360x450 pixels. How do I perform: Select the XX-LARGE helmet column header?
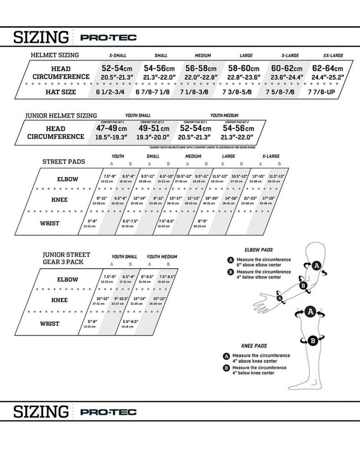coord(333,55)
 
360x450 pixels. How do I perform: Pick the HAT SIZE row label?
coord(61,92)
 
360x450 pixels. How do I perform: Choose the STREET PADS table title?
coord(63,161)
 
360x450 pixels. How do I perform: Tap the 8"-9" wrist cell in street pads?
coord(202,223)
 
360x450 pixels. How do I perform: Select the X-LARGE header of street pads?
coord(271,156)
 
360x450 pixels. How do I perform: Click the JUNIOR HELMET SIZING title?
coord(61,115)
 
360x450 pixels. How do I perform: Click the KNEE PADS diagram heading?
coord(254,346)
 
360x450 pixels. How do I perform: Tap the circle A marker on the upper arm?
coord(316,265)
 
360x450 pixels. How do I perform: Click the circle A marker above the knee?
coord(310,311)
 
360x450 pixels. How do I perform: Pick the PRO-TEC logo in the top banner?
coord(108,38)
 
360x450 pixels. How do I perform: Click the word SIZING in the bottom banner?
coord(41,412)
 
